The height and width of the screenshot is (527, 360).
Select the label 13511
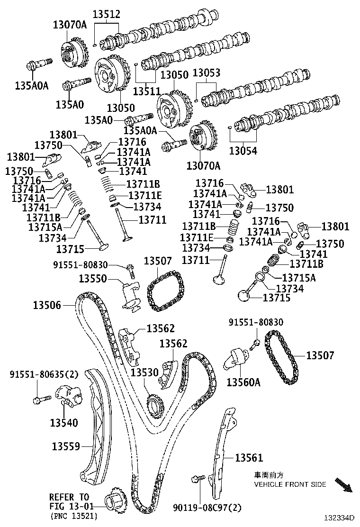(147, 90)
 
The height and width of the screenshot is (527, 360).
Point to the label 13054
(243, 151)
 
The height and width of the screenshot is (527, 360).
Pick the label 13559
(66, 446)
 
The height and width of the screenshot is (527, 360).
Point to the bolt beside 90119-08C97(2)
(198, 481)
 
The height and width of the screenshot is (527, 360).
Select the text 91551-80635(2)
(44, 374)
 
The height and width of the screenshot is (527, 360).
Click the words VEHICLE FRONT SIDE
(290, 484)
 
